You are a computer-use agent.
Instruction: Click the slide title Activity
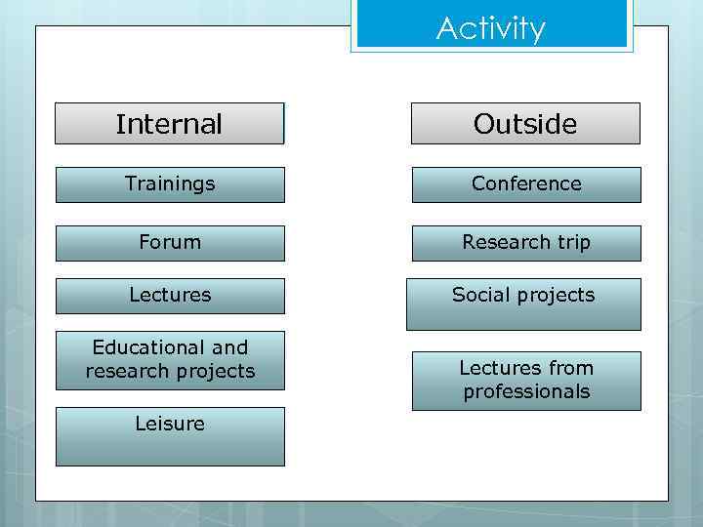491,28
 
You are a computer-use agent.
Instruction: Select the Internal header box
169,124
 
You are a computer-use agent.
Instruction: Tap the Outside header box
525,124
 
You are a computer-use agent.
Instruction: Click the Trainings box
170,184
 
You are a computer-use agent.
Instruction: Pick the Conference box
526,184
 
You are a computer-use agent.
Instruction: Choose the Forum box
170,243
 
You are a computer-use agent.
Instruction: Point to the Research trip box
526,243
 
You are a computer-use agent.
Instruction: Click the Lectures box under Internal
170,296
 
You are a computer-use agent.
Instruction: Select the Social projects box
523,304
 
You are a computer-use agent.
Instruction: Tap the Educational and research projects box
170,360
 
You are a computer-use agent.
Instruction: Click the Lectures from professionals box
526,381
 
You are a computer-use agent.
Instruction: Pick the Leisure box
170,436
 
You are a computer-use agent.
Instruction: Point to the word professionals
526,392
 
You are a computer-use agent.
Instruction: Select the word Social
480,295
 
